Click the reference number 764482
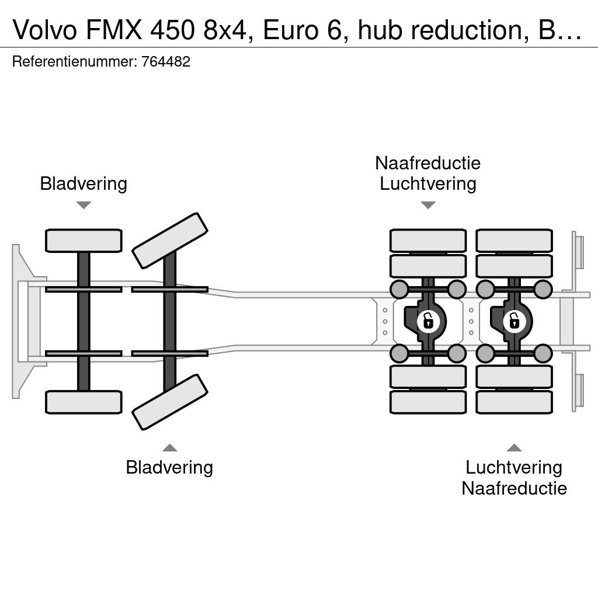[165, 61]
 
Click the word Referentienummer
[74, 61]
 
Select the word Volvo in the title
[45, 29]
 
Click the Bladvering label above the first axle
[84, 183]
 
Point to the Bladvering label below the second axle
[169, 467]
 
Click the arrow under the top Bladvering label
[84, 205]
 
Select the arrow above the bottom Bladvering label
[170, 447]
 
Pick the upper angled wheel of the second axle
[170, 241]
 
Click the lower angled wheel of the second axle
[170, 402]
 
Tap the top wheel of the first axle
[84, 241]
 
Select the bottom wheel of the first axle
[84, 402]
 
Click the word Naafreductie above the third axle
[428, 164]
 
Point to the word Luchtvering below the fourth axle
[514, 467]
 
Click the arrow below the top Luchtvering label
[428, 205]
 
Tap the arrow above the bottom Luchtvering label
[514, 447]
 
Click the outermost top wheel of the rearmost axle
[514, 241]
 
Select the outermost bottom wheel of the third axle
[428, 402]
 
